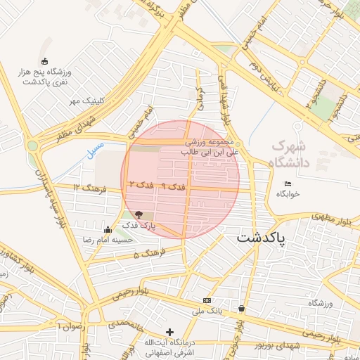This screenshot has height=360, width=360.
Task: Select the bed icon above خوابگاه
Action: [287, 184]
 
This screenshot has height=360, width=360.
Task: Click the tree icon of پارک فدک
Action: [138, 214]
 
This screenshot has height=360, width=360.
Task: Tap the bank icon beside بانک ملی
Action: [206, 300]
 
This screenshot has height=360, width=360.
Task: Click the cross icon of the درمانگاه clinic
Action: [169, 331]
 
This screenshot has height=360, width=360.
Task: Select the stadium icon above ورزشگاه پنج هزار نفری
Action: [46, 62]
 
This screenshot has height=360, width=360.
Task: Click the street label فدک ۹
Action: [173, 186]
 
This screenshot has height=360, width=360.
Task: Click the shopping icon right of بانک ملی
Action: [242, 308]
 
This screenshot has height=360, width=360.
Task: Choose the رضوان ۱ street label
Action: [72, 326]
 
